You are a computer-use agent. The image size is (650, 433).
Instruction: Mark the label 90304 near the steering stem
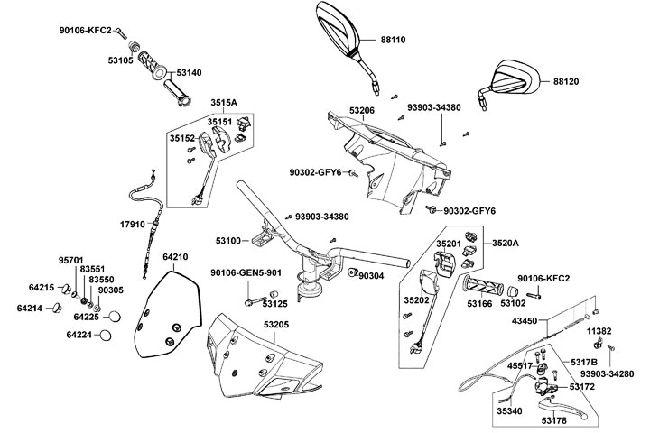[x=371, y=275]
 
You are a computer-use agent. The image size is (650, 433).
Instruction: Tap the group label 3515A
[x=223, y=102]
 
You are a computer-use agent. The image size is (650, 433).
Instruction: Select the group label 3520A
[x=506, y=243]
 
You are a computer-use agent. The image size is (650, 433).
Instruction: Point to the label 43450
[x=550, y=320]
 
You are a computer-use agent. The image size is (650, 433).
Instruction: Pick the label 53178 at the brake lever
[x=555, y=419]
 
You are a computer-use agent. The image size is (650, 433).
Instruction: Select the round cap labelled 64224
[x=105, y=336]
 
